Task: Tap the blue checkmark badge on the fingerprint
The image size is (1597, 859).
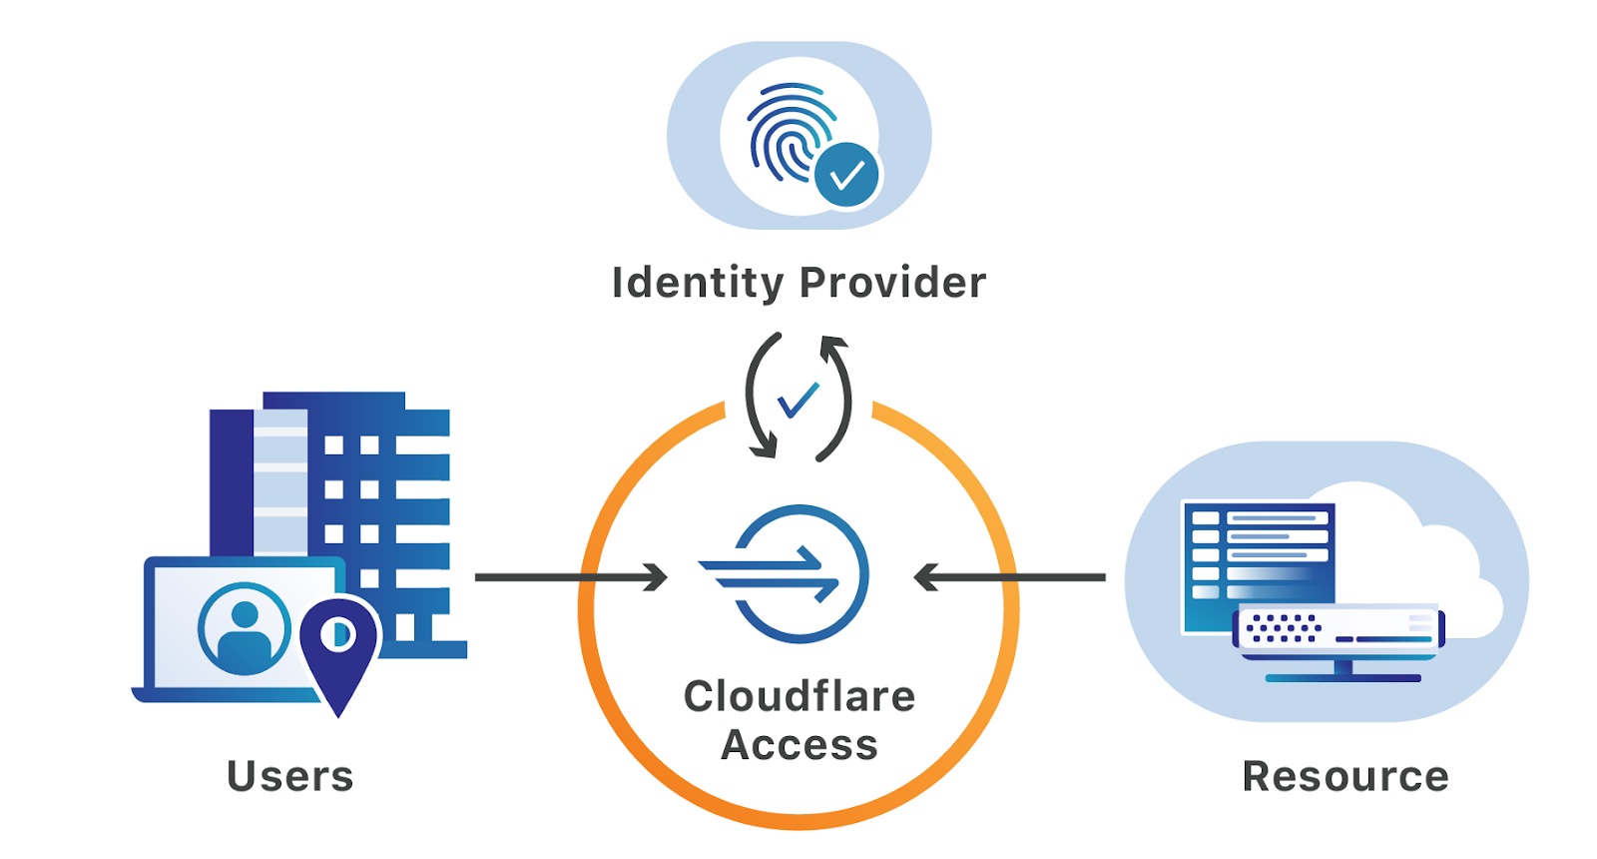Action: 846,176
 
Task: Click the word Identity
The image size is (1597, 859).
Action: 698,283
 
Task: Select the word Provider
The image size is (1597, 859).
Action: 892,283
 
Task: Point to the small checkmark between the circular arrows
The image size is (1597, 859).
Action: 798,400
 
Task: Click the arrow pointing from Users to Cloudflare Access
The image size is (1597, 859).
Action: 570,577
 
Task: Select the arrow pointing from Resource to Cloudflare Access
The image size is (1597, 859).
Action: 1009,577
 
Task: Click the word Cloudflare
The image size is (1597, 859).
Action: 798,696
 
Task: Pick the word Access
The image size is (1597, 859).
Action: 798,745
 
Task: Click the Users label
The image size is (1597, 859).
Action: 290,776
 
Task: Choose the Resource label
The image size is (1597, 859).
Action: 1345,776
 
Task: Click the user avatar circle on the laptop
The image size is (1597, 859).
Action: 245,629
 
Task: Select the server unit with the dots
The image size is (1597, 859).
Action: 1337,629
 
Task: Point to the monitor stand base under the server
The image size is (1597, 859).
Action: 1342,678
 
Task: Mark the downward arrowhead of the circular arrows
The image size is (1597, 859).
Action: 764,449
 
